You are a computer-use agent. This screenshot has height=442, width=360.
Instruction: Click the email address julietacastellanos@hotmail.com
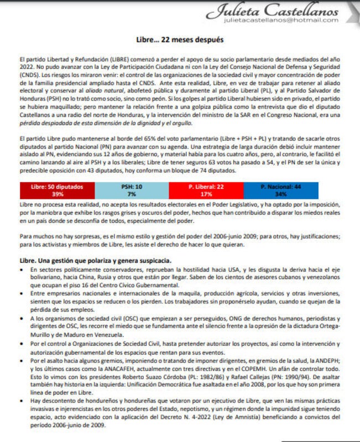point(281,20)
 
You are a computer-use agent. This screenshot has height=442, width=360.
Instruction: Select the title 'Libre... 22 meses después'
point(180,40)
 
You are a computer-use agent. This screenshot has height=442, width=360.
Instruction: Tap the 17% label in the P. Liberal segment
point(206,194)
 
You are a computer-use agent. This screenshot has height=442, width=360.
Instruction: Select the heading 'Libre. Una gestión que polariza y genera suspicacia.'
point(95,260)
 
